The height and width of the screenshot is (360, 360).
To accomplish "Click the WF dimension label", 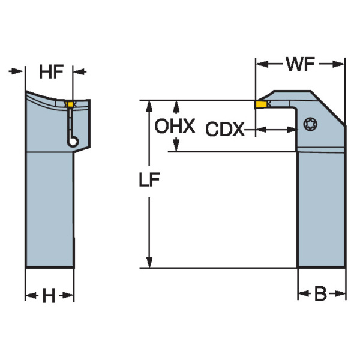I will pos(301,65).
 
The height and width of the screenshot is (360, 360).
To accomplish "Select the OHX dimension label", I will pos(175,127).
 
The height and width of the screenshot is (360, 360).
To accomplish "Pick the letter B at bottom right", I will pos(321,294).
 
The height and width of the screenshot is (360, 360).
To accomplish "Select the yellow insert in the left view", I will pos(70,106).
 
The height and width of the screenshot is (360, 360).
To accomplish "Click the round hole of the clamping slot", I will pos(71,142).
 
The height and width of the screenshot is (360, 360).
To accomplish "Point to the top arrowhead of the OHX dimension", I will pos(176,107).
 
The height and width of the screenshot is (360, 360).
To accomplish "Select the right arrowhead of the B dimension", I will pos(341,294).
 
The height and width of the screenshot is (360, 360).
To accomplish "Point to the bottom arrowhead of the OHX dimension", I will pos(176,145).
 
